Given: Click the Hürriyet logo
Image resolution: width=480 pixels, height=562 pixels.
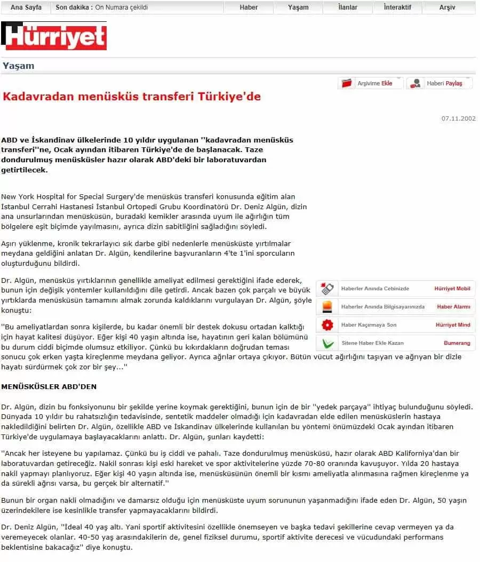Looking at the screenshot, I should click(x=54, y=36).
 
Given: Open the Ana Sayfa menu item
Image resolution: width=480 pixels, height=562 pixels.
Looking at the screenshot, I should click(x=26, y=7).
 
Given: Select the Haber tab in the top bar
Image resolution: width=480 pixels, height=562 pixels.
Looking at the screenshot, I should click(x=249, y=7).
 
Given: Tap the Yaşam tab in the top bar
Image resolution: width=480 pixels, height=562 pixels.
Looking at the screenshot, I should click(x=298, y=7).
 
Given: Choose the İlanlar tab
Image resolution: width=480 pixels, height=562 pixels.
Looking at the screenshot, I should click(x=348, y=7).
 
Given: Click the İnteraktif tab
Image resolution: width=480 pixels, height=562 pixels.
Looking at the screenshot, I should click(x=398, y=7).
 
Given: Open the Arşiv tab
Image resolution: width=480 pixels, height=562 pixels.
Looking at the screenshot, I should click(x=447, y=7).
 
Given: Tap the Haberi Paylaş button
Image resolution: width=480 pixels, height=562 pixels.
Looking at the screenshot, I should click(x=439, y=83).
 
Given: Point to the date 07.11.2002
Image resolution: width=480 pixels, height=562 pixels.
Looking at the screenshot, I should click(x=458, y=118).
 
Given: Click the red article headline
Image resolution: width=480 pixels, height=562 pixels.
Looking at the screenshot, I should click(x=132, y=97).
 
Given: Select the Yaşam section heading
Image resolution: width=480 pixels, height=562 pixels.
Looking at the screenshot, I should click(x=18, y=66).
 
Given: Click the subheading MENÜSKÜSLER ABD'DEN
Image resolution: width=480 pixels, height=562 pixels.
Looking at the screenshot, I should click(x=49, y=386).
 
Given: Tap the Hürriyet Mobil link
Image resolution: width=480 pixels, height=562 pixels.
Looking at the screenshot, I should click(x=452, y=289).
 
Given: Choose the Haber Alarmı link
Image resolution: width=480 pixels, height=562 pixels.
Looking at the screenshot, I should click(x=453, y=307).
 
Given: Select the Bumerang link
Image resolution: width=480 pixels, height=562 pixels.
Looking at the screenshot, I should click(x=457, y=343).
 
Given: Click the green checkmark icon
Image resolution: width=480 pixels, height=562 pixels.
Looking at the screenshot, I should click(x=327, y=343).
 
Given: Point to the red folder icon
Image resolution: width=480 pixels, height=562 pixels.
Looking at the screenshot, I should click(x=347, y=83).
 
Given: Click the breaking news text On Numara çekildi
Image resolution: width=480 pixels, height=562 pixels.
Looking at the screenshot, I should click(x=121, y=7).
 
